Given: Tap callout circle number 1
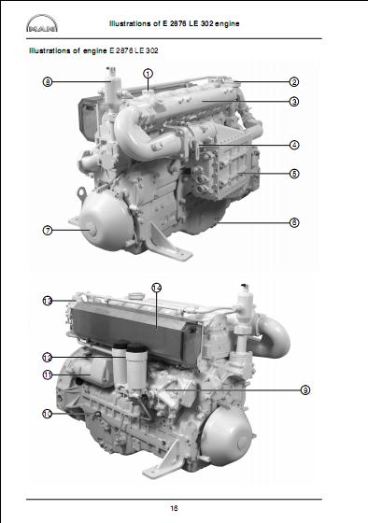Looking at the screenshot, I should [x=149, y=73].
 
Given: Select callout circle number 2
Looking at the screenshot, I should [x=293, y=82].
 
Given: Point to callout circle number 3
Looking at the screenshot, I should [x=293, y=101].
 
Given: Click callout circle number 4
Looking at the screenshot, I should [x=293, y=145].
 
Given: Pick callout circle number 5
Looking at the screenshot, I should [x=293, y=174].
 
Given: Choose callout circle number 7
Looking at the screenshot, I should [x=47, y=229].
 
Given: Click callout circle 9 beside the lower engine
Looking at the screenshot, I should [x=304, y=389].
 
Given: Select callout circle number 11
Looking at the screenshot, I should [x=47, y=375].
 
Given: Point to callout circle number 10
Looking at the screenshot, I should [x=47, y=413].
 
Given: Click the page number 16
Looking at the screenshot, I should [x=175, y=507].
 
